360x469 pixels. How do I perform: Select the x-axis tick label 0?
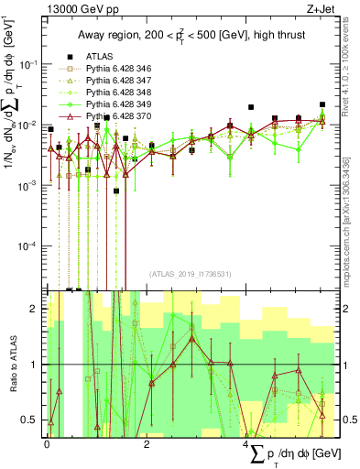tap(47, 443)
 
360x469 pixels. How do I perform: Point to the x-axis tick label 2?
tap(147, 443)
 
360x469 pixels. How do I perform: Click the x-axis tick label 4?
tap(246, 443)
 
